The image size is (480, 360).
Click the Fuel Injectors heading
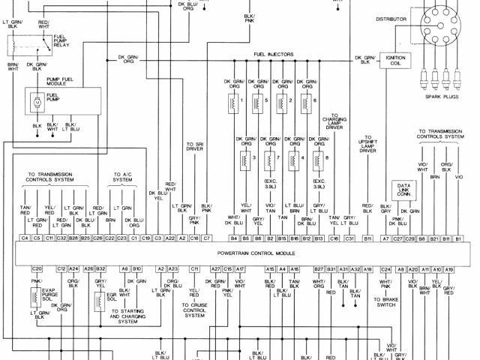[x=274, y=55]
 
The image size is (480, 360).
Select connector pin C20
[x=36, y=268]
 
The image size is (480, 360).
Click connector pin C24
[x=386, y=268]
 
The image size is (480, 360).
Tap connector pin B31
[x=331, y=268]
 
